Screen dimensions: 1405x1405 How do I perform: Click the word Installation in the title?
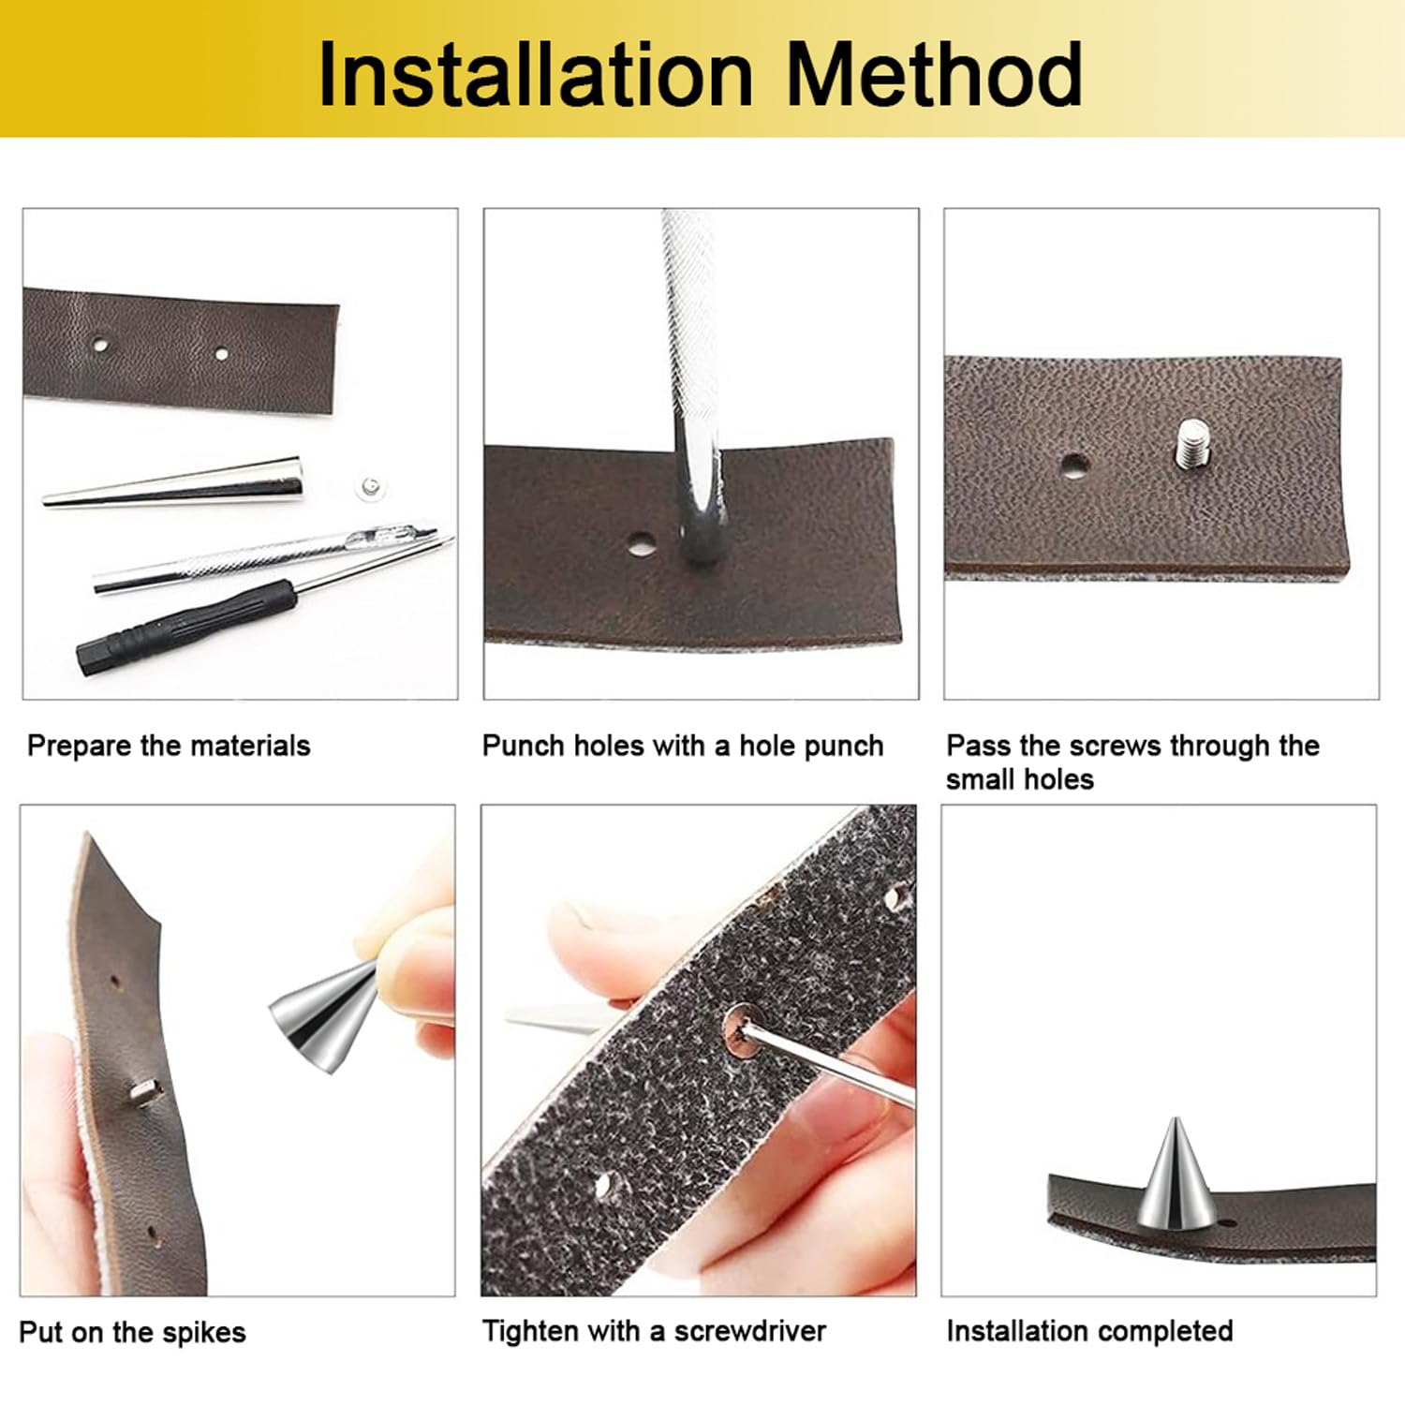(536, 74)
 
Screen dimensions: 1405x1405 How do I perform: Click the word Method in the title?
(934, 74)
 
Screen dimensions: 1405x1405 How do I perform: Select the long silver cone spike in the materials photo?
(174, 483)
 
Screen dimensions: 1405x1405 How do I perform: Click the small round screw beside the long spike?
(369, 486)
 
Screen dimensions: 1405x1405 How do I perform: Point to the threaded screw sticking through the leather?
(1191, 443)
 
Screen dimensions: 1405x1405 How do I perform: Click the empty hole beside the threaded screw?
(1073, 464)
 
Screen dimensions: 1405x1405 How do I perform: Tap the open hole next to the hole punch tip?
(642, 544)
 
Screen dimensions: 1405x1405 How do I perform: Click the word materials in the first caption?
(251, 746)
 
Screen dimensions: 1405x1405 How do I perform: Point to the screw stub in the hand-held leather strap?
(145, 1090)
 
